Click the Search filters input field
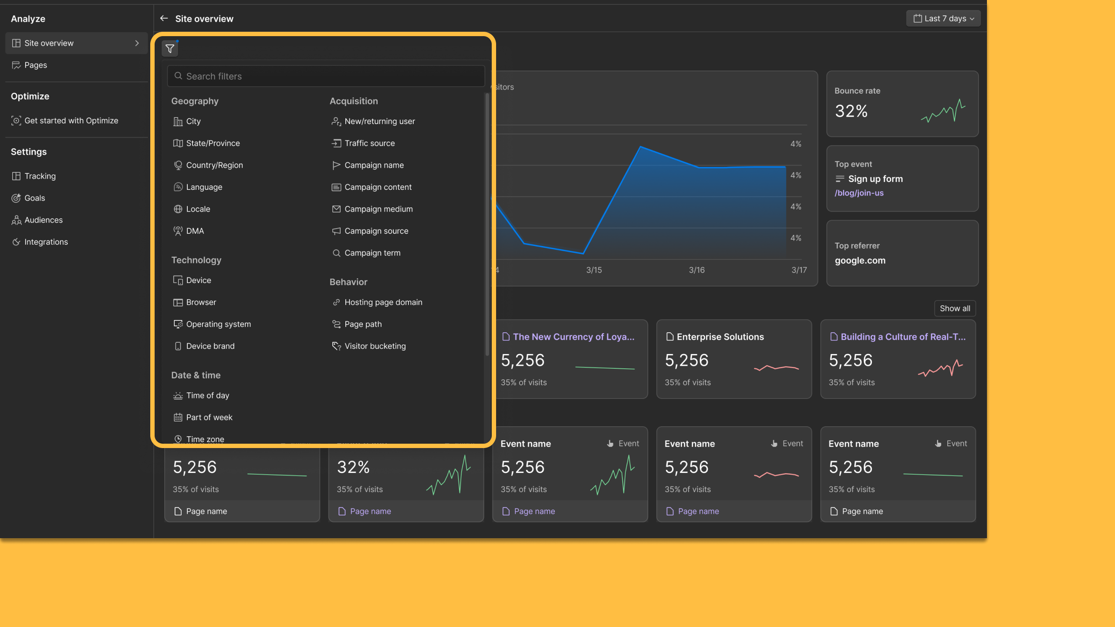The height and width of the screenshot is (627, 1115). (x=326, y=76)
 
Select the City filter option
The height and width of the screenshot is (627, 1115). (x=193, y=121)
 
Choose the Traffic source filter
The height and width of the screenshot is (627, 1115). (x=369, y=143)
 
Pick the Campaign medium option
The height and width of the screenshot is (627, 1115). (x=378, y=209)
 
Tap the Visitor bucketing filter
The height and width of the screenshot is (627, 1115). (x=375, y=346)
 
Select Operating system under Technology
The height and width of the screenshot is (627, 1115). (x=218, y=324)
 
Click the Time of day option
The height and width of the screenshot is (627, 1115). (x=207, y=395)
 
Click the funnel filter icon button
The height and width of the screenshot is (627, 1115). (x=170, y=49)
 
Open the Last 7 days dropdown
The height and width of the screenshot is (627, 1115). (x=943, y=19)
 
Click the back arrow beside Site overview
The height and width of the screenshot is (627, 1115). (x=164, y=18)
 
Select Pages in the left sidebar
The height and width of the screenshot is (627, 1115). (x=35, y=65)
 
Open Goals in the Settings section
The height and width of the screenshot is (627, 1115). (x=34, y=198)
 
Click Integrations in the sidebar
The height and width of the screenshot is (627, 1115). (x=46, y=242)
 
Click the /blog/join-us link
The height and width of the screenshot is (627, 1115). (x=859, y=193)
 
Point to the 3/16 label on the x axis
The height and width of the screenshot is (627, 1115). (x=696, y=270)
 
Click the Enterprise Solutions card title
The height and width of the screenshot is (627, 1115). (x=720, y=337)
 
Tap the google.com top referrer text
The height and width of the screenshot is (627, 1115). (x=860, y=260)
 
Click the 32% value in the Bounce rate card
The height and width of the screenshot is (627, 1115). (x=851, y=111)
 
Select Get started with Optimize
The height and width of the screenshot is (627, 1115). (x=71, y=121)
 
